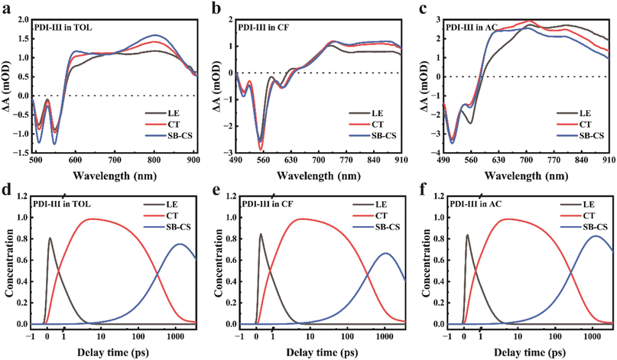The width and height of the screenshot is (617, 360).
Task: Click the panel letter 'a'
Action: coord(6,8)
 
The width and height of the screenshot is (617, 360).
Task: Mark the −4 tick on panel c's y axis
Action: coord(435,153)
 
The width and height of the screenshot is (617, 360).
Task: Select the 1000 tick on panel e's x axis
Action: coord(385,337)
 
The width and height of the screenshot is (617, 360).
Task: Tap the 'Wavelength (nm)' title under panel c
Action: coord(526,175)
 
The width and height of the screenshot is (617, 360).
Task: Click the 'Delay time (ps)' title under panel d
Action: coord(113,352)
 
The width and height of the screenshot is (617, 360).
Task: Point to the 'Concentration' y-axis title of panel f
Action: coord(426,261)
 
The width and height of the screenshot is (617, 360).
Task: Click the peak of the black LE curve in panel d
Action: coord(50,238)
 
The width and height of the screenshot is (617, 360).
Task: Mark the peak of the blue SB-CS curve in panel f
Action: coord(596,236)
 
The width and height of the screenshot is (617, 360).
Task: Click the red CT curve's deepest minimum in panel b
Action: coord(260,150)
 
